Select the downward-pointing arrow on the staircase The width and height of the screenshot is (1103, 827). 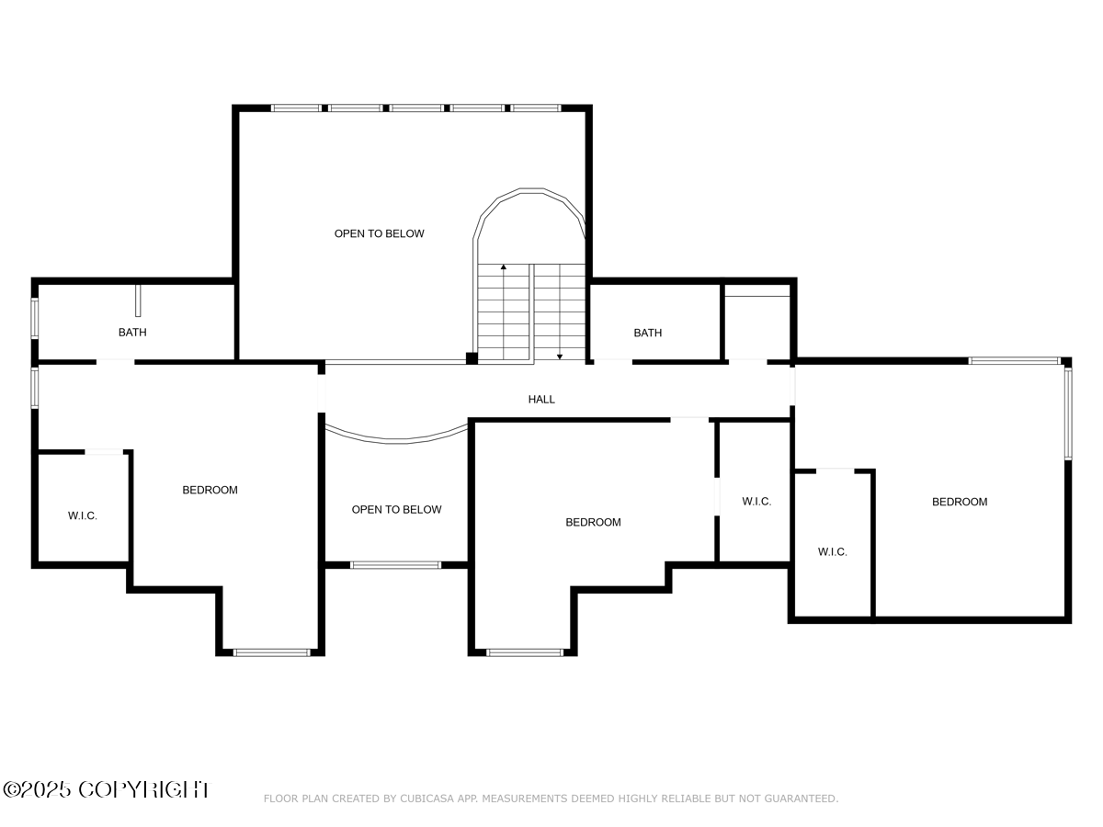[x=560, y=355]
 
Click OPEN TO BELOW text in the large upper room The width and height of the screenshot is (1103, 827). [x=379, y=233]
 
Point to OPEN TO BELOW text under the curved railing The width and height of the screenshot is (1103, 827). [x=396, y=509]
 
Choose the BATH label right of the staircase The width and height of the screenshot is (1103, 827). [x=647, y=333]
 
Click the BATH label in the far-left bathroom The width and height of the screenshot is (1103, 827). [x=132, y=332]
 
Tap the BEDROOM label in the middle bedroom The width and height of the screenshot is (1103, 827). [x=593, y=522]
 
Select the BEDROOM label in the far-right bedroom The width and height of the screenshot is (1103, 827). [x=960, y=502]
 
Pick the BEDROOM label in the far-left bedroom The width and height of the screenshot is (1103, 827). [x=210, y=490]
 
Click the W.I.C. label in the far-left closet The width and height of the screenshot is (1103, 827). [x=83, y=515]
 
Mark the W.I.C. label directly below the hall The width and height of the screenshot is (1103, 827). [x=756, y=501]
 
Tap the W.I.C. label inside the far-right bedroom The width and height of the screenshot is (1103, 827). [x=833, y=551]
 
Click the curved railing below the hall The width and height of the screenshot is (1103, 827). [x=396, y=437]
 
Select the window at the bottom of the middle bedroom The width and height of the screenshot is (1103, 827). [x=524, y=652]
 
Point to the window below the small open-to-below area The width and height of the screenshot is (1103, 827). [x=395, y=565]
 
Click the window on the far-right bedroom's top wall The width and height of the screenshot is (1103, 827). [x=1015, y=361]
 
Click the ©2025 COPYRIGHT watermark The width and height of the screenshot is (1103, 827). [x=106, y=789]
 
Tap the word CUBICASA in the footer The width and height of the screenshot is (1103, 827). [x=426, y=799]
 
